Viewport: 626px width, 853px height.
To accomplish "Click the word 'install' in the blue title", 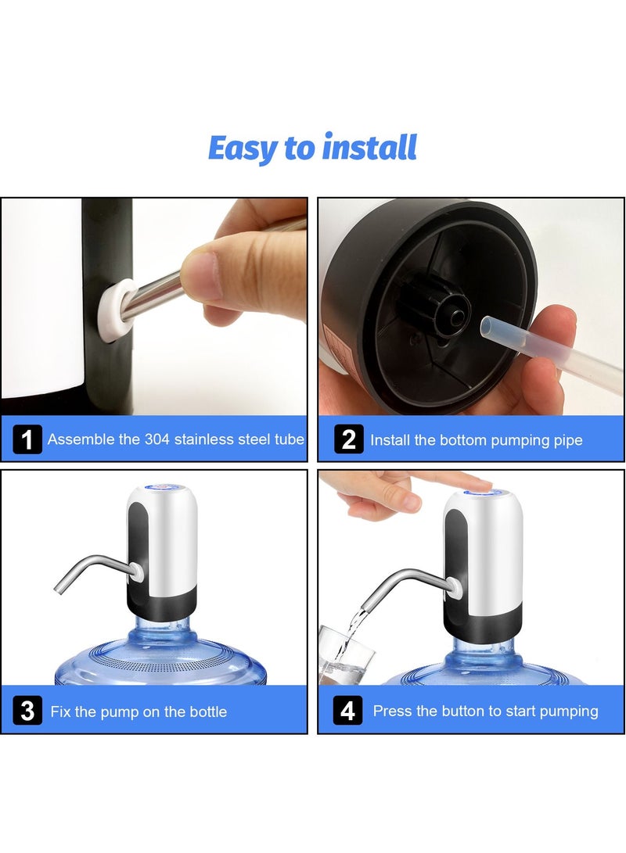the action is click(x=369, y=148).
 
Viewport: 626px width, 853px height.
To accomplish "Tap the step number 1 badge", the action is click(x=27, y=439).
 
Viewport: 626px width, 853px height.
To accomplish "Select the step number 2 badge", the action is click(x=348, y=439).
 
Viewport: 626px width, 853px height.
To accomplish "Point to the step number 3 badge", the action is click(x=27, y=711).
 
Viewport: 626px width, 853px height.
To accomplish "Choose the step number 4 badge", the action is click(x=348, y=711).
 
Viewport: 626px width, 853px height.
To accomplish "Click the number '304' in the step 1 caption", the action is click(x=156, y=439).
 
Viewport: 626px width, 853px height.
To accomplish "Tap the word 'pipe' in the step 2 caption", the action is click(x=567, y=441).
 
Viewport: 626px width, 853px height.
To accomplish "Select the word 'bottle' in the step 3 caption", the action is click(x=208, y=711).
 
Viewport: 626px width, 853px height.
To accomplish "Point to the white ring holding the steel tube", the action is click(x=113, y=310).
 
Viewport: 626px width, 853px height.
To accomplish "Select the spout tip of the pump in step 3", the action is click(x=59, y=587).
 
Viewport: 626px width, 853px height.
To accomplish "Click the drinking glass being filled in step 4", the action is click(x=346, y=652).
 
